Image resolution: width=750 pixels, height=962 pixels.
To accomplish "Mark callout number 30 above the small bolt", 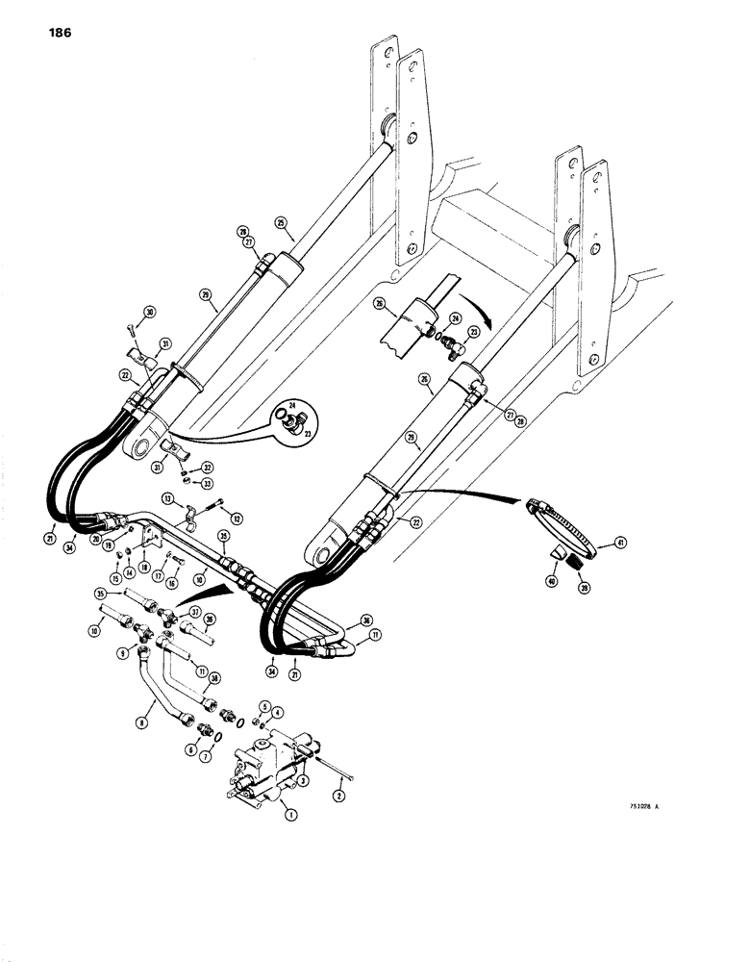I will coord(150,312).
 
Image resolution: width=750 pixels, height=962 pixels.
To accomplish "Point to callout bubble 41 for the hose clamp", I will coord(594,546).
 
